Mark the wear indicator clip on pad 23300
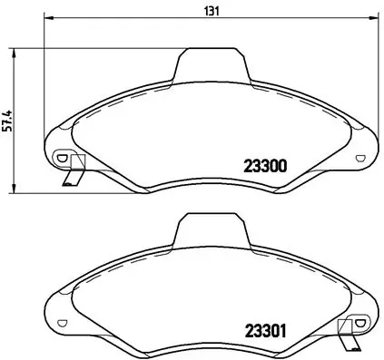coord(73,171)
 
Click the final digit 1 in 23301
coord(283,331)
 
